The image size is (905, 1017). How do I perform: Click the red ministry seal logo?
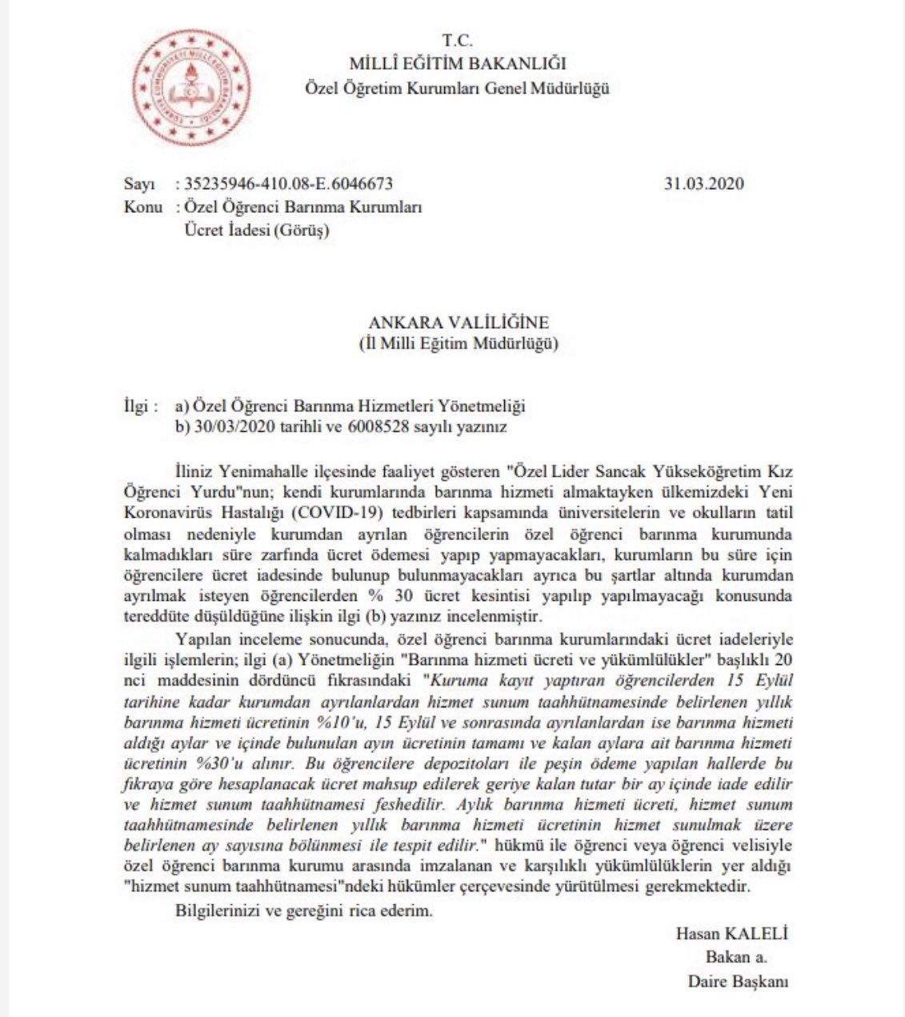point(190,87)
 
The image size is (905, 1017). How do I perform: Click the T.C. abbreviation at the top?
point(457,41)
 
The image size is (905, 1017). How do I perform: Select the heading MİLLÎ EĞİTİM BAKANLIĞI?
point(457,63)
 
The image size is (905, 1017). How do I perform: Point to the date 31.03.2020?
point(703,183)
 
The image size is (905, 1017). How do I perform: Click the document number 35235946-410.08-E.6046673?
point(289,184)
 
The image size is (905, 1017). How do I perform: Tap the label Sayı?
point(139,184)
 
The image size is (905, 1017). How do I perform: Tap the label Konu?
point(142,207)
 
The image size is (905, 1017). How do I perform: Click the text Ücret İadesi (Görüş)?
point(257,230)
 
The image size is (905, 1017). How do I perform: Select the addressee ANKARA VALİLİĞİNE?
point(459,322)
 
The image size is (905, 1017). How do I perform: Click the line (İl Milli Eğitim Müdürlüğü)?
point(458,344)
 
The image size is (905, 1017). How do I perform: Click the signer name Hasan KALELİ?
point(731,933)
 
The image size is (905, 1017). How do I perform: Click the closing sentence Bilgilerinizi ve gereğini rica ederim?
point(303,911)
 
